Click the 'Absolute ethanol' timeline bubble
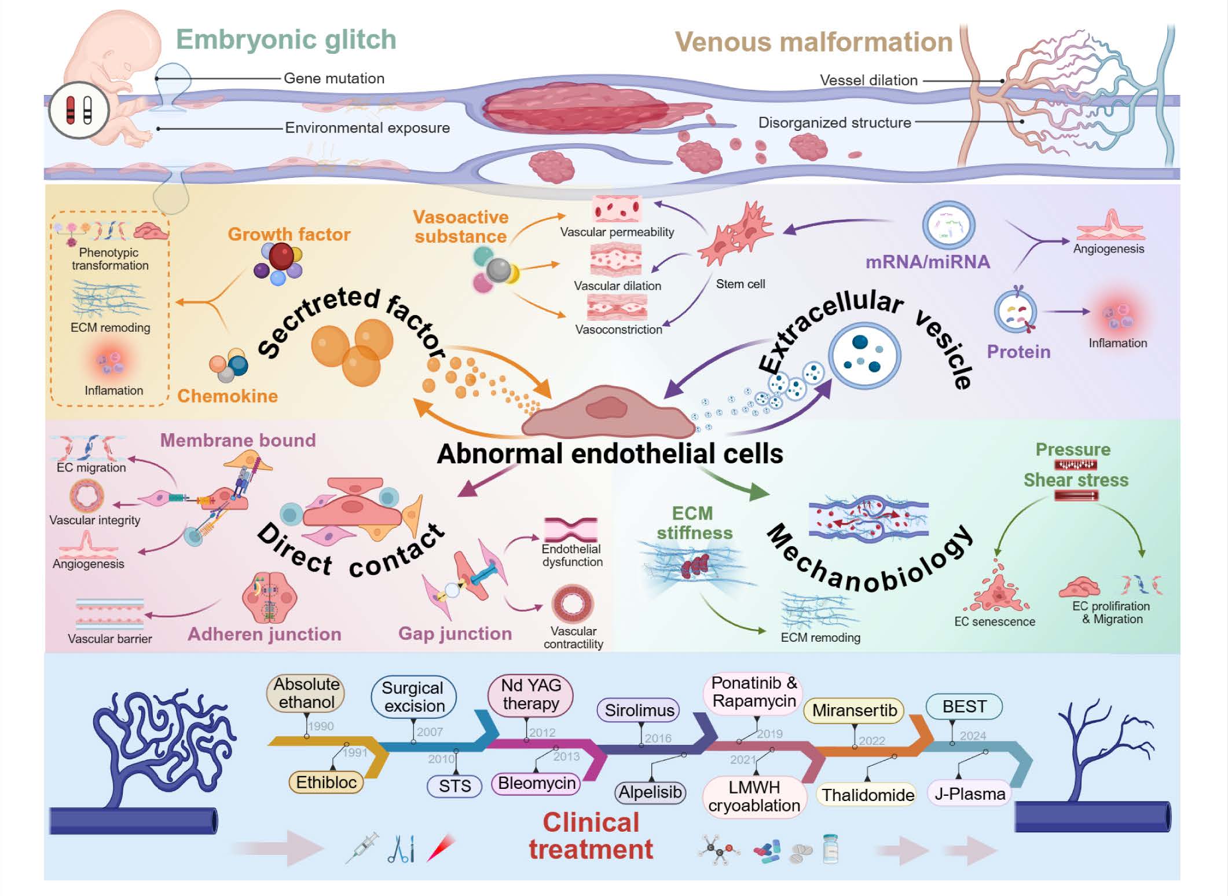306,693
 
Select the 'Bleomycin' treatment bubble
537,783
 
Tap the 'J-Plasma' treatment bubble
970,793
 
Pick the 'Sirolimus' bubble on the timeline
639,710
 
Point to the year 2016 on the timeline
658,738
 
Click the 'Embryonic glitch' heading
286,40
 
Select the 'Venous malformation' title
813,42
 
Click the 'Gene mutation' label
333,78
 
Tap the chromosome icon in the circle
79,110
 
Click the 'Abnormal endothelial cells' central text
610,454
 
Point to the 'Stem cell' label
740,284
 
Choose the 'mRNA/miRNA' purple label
928,262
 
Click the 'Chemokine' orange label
228,396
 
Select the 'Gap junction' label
455,634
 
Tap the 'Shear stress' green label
1076,480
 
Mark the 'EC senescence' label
994,621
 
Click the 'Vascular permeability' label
617,232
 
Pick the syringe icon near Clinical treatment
362,847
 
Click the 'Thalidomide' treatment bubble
868,795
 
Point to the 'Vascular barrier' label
110,639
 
